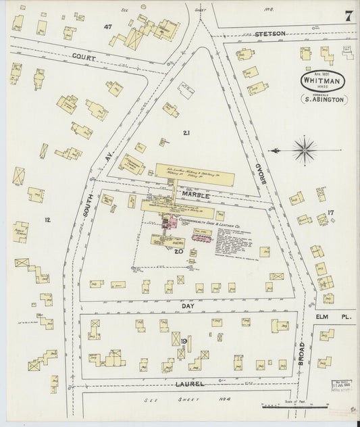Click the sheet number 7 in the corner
tap(347, 16)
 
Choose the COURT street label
tap(86, 59)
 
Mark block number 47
tap(107, 26)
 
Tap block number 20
tap(178, 251)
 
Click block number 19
tap(184, 341)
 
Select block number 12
tap(47, 220)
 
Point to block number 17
tap(330, 214)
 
